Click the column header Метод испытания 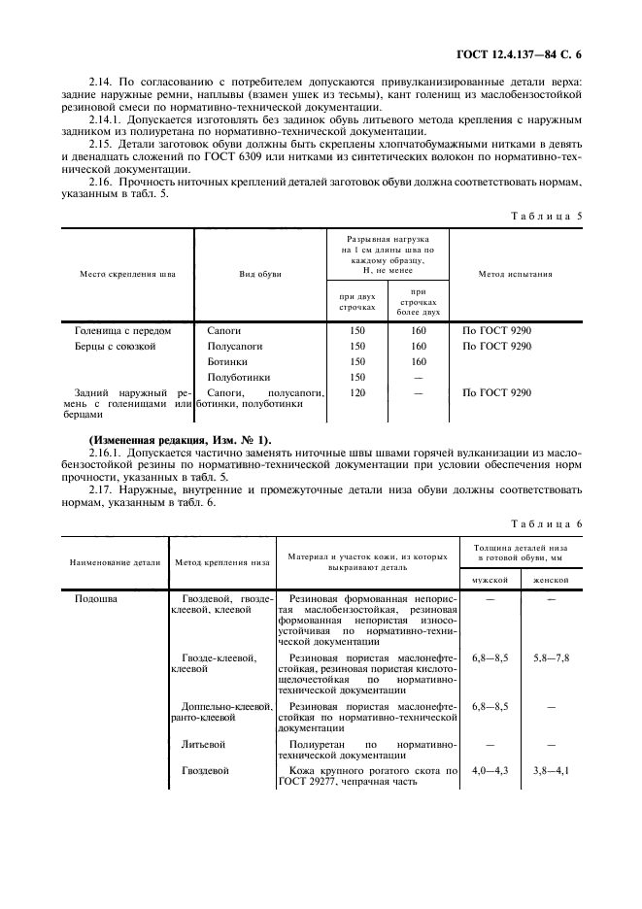515,274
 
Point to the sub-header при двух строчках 356,301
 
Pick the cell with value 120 356,392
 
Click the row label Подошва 96,599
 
